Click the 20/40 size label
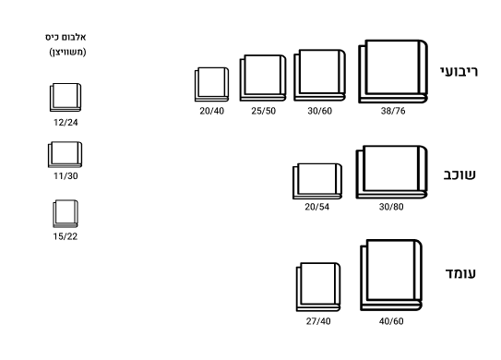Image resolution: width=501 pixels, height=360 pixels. point(212,111)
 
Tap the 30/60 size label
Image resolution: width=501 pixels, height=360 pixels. point(320,111)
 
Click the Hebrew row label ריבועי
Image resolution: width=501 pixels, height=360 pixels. point(459,72)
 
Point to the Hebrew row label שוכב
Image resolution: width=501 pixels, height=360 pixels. point(459,174)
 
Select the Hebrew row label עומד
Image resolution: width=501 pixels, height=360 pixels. point(460,273)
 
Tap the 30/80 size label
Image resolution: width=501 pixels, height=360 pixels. point(391,207)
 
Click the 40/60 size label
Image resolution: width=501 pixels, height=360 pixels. point(391,321)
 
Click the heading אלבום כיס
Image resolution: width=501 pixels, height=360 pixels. point(66,38)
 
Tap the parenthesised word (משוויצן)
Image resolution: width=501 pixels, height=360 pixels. point(67,52)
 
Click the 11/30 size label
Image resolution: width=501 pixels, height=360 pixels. point(66,175)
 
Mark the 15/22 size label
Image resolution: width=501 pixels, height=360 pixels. point(66,236)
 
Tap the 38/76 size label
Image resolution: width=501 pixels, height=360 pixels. point(393,111)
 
